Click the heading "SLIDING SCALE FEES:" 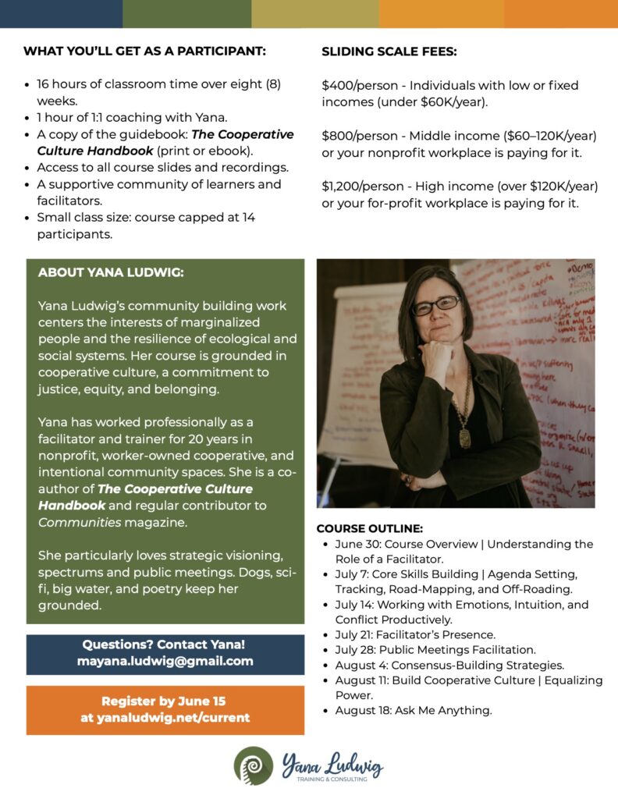click(389, 52)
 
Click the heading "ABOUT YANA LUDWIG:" click(111, 274)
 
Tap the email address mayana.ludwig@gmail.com click(165, 661)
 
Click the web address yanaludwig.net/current click(165, 717)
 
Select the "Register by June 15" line click(164, 700)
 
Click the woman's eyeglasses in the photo click(436, 305)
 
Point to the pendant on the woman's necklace click(465, 435)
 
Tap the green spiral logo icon click(254, 765)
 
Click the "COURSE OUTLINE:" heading click(369, 528)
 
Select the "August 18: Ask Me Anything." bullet click(414, 710)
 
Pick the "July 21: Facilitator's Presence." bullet click(415, 634)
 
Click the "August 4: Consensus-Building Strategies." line click(449, 665)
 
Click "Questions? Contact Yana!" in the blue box click(165, 645)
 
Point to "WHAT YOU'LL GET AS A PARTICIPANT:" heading click(144, 52)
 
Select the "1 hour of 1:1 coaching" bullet click(132, 118)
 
